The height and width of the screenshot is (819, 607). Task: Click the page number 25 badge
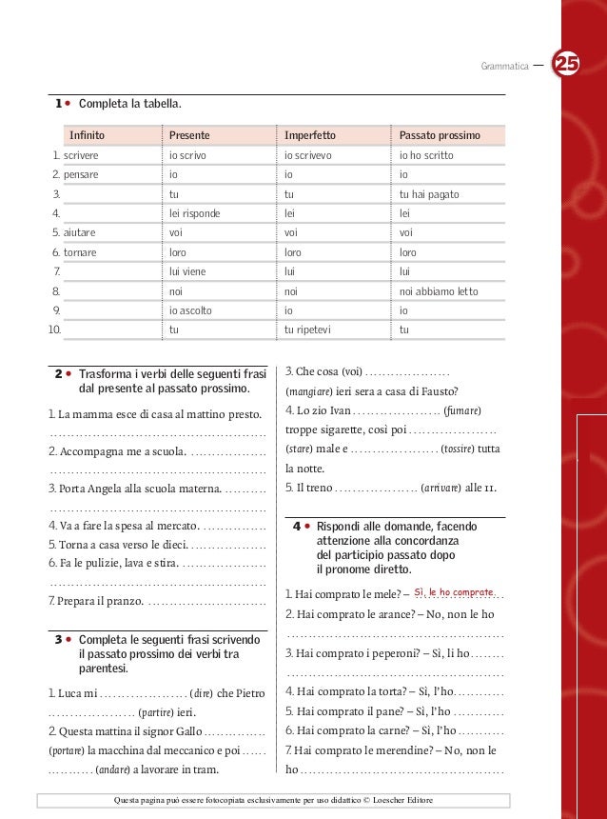[568, 65]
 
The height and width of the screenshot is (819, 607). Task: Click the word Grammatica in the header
[505, 67]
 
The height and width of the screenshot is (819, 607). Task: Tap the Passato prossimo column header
[440, 136]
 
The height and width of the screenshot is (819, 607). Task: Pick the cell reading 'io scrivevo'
[310, 155]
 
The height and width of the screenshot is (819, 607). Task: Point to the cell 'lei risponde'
[194, 213]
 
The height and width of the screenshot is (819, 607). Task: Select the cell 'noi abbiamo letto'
[439, 291]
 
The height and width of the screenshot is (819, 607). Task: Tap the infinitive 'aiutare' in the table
[80, 233]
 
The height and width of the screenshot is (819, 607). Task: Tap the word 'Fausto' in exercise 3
[438, 390]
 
